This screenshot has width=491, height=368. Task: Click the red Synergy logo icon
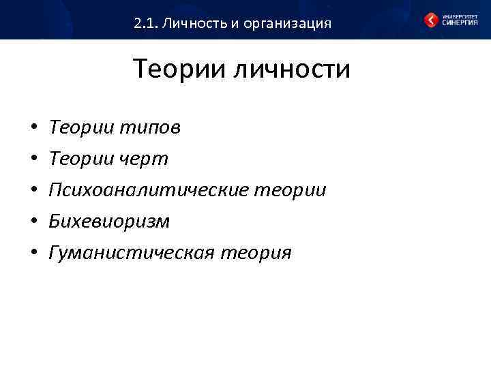(x=432, y=20)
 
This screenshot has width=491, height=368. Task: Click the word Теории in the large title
(x=179, y=69)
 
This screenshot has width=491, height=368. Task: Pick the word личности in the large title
(x=293, y=69)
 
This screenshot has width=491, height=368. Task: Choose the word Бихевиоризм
(x=109, y=221)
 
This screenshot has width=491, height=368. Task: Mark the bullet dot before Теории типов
(x=33, y=128)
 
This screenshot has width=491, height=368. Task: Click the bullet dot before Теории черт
(x=33, y=159)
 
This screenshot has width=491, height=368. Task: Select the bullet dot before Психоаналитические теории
(x=33, y=191)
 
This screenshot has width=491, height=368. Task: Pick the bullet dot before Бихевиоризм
(x=33, y=222)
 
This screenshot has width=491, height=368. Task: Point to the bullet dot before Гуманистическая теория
(x=33, y=254)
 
